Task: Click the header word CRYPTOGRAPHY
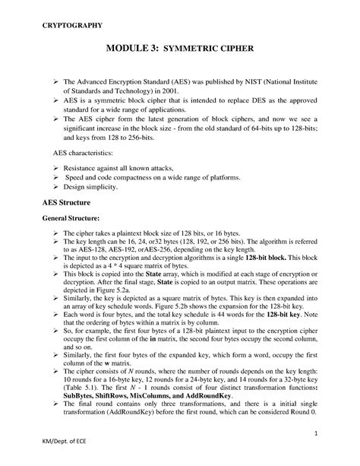pos(72,26)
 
